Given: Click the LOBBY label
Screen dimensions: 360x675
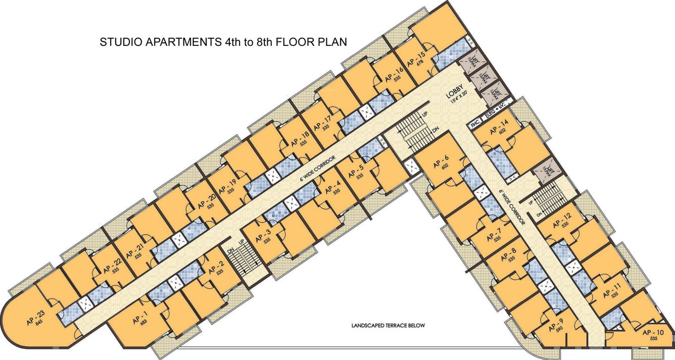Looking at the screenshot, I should point(454,93).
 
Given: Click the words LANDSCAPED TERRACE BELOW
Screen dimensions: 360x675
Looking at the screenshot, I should point(388,326).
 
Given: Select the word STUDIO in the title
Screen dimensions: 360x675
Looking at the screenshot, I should point(122,42).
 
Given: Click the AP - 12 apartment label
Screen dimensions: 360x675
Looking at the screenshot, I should point(561,222).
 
